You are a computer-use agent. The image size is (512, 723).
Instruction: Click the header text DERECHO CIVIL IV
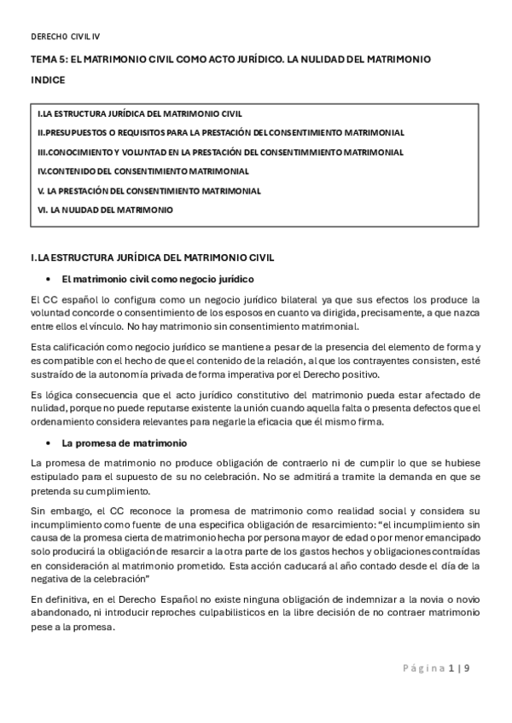click(x=66, y=37)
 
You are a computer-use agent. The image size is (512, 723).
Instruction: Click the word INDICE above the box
click(x=47, y=79)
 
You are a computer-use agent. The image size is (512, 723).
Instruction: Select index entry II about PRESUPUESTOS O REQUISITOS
click(x=220, y=133)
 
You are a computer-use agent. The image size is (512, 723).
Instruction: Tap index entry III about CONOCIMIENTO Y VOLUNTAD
click(x=220, y=152)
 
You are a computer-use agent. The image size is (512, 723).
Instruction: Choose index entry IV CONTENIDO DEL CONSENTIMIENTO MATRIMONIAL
click(x=143, y=171)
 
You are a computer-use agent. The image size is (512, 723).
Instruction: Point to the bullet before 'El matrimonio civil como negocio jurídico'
click(x=50, y=280)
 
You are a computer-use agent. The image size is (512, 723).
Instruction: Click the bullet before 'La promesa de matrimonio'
click(x=50, y=443)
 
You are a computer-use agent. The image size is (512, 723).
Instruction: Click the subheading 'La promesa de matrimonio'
click(x=119, y=443)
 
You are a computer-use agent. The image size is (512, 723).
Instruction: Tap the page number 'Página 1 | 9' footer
click(x=435, y=668)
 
